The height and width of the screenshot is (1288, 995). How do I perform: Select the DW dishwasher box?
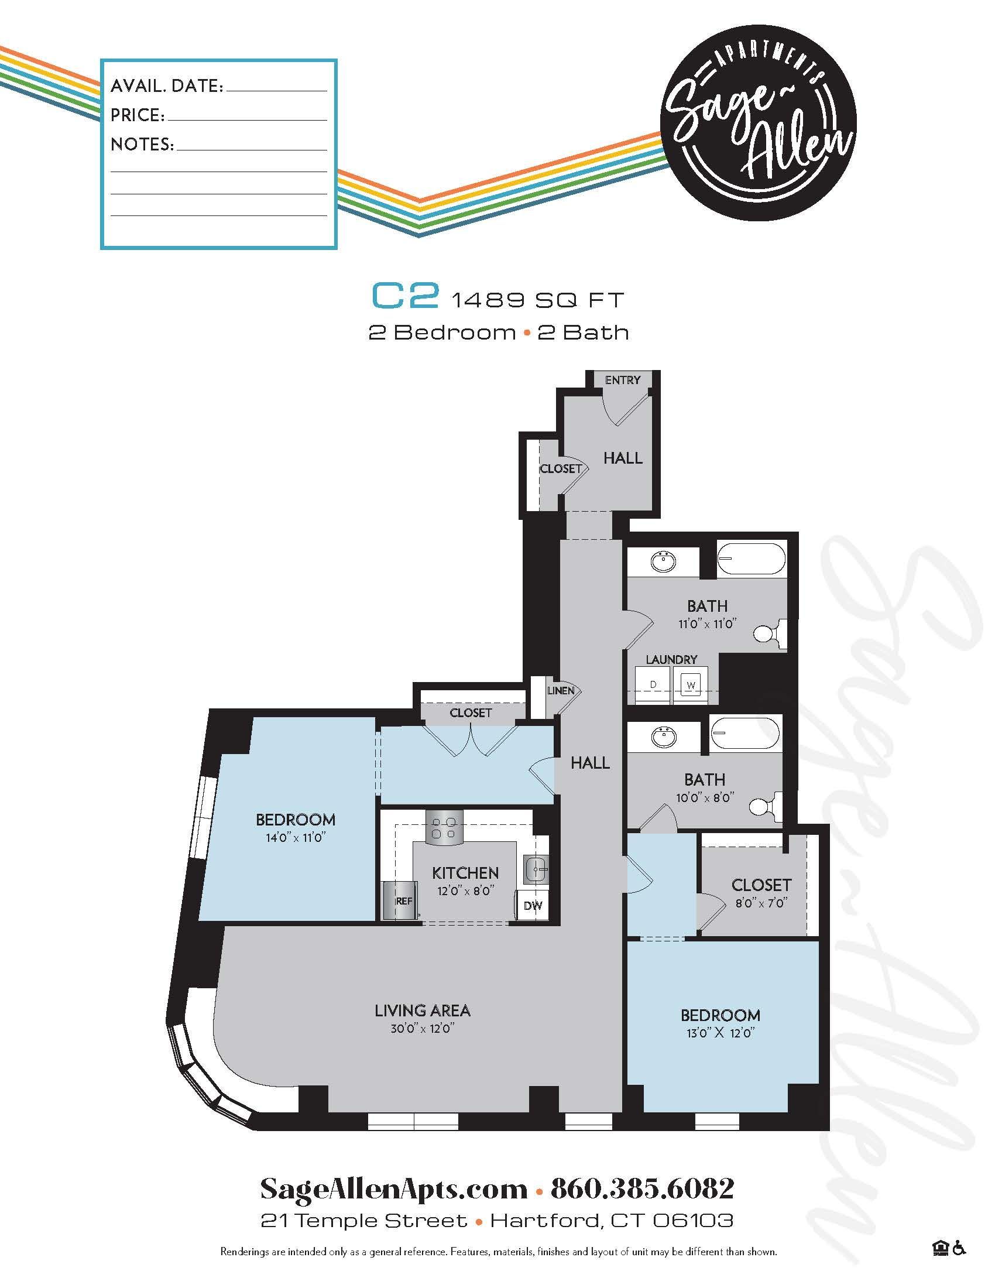[x=532, y=905]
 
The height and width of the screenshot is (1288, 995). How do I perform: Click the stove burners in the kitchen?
[x=444, y=827]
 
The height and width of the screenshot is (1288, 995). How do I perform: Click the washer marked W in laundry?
[x=690, y=686]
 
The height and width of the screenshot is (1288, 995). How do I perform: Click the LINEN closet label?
[x=560, y=691]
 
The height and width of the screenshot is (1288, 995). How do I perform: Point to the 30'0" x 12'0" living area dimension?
[x=422, y=1029]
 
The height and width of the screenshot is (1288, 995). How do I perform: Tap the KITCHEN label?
[x=465, y=873]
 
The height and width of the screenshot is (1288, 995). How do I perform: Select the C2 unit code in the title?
[x=406, y=297]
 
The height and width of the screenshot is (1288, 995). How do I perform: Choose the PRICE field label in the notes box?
[x=138, y=115]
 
